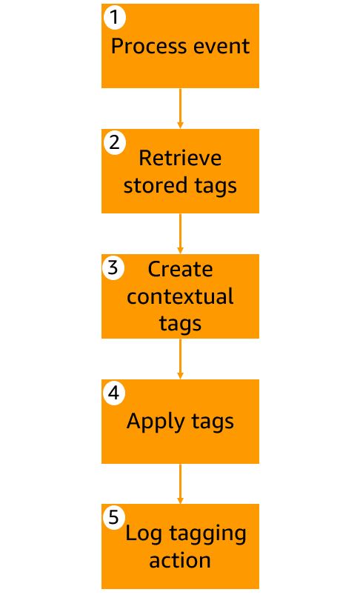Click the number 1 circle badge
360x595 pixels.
pyautogui.click(x=115, y=18)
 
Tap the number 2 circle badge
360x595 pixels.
pyautogui.click(x=115, y=143)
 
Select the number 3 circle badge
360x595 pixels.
pyautogui.click(x=113, y=268)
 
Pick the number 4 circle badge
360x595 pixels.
pyautogui.click(x=114, y=393)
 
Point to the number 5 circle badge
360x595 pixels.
pyautogui.click(x=114, y=518)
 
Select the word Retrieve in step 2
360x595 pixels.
pyautogui.click(x=180, y=158)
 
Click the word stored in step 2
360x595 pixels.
pyautogui.click(x=156, y=185)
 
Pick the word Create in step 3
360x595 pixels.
pyautogui.click(x=180, y=270)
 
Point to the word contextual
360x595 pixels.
pyautogui.click(x=180, y=296)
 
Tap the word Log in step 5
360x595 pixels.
pyautogui.click(x=144, y=534)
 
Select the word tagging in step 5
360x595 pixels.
pyautogui.click(x=207, y=534)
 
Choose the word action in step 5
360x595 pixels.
pyautogui.click(x=180, y=560)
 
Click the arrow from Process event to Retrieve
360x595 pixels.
pyautogui.click(x=180, y=108)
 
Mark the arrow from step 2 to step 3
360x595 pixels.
pyautogui.click(x=180, y=233)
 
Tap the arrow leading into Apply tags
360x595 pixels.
pyautogui.click(x=180, y=359)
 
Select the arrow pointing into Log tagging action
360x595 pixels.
pyautogui.click(x=180, y=484)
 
